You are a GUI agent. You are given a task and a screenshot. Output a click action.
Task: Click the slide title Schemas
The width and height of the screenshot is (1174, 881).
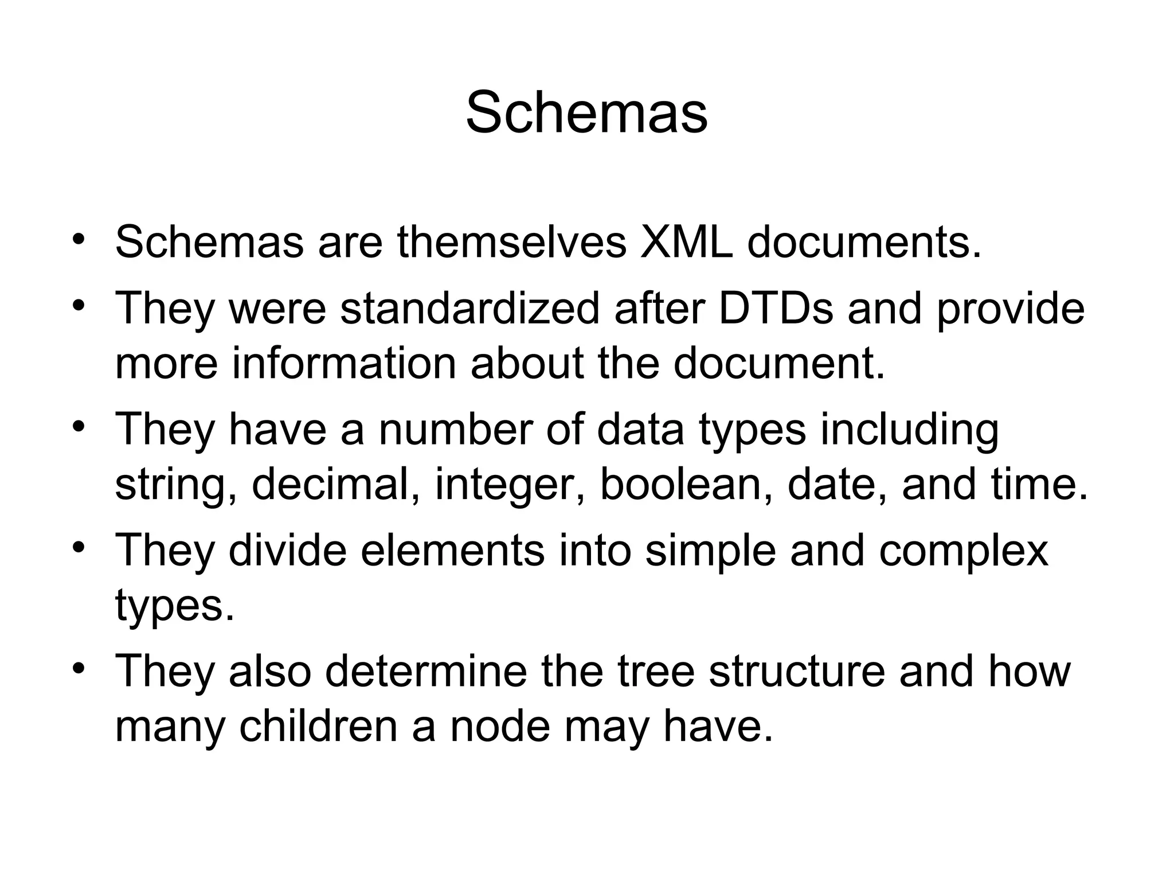586,112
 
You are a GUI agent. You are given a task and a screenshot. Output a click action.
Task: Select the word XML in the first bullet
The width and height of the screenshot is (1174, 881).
686,242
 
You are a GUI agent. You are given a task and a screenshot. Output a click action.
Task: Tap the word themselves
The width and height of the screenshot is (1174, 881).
512,242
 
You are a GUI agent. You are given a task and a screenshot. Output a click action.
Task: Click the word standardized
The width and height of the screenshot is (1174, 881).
469,309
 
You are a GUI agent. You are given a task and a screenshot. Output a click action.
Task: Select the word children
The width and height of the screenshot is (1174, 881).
318,726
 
